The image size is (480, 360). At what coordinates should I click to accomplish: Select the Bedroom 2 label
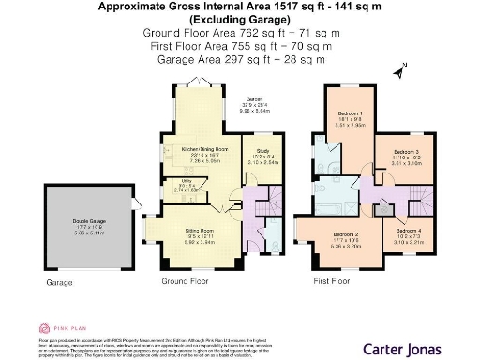[x=346, y=234]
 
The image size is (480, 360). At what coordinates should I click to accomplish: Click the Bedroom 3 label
[x=405, y=151]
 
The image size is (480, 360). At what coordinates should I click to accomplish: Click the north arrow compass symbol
[x=402, y=69]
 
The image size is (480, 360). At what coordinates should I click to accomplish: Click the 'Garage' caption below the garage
[x=60, y=280]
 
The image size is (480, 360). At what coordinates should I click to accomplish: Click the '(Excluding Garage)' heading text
[x=239, y=19]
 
